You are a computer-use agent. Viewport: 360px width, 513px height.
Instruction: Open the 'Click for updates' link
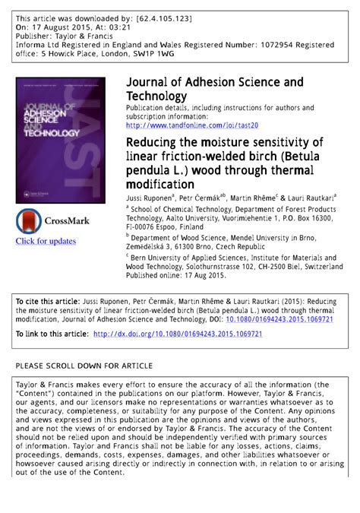click(x=46, y=241)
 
